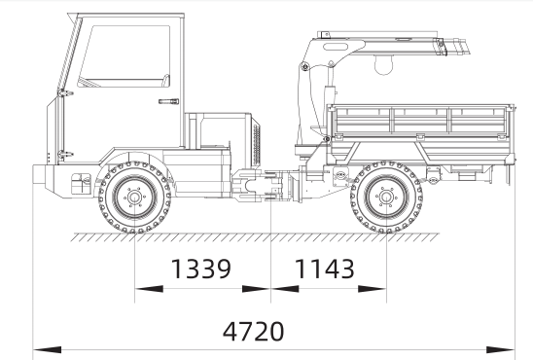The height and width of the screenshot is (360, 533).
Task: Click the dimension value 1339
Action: tap(201, 269)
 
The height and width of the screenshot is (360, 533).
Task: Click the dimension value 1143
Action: tap(325, 269)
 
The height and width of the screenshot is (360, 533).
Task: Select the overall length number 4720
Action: tap(253, 332)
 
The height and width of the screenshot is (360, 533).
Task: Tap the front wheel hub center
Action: tap(134, 198)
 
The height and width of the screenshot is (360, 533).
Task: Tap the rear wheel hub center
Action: tap(386, 198)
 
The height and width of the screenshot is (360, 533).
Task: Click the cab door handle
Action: tap(168, 101)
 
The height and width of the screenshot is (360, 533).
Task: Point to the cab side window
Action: tap(125, 56)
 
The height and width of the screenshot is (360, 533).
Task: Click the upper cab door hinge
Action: tap(64, 92)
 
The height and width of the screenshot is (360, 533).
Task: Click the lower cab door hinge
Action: tap(64, 155)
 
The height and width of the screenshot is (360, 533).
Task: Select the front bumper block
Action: tap(39, 174)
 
